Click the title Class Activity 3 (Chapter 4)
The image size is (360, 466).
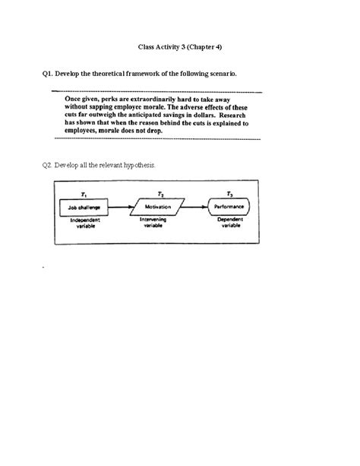coord(180,46)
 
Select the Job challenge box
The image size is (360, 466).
coord(85,205)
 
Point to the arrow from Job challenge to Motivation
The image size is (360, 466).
coord(122,205)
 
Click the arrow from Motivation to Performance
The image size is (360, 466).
coord(195,205)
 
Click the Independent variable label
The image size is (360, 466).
coord(85,222)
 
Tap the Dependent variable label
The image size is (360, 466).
coord(230,222)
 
